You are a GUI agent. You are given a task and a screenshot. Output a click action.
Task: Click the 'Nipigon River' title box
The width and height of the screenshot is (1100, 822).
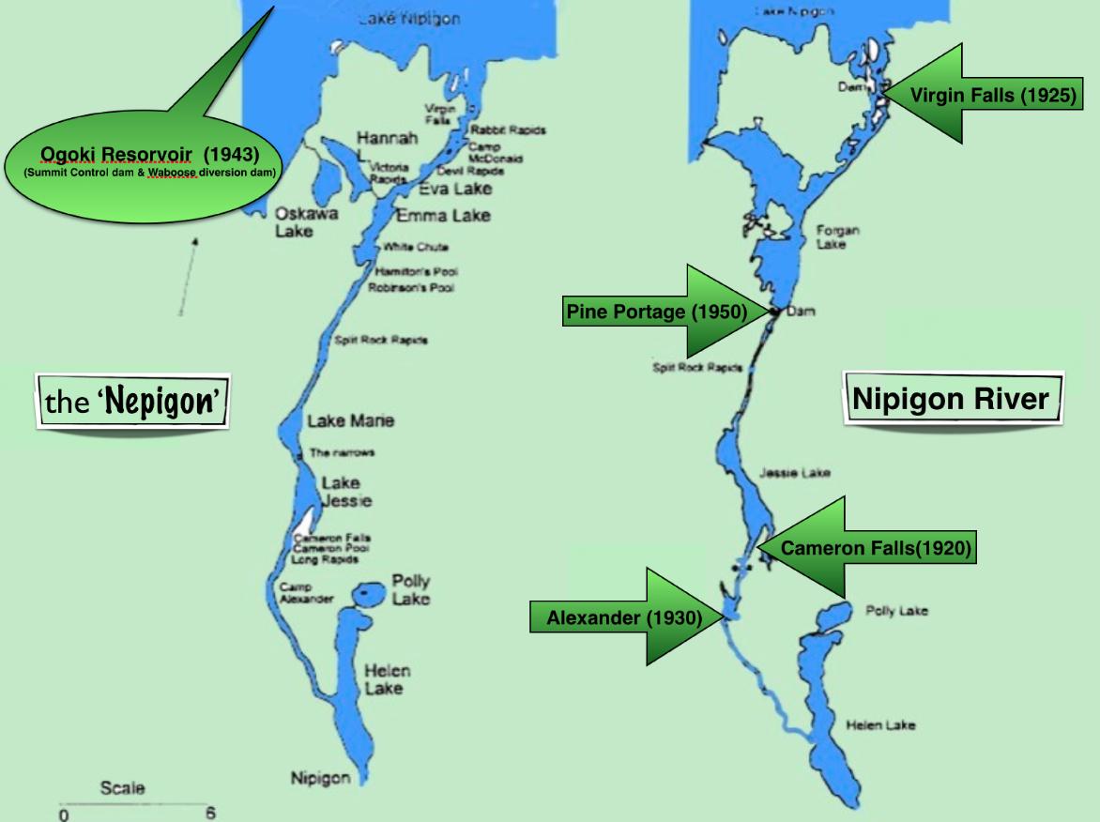[x=951, y=399]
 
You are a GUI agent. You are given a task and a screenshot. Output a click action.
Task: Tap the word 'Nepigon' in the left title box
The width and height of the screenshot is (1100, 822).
[x=160, y=402]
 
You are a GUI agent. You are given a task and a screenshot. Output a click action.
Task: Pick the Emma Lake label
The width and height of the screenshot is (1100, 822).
[x=442, y=216]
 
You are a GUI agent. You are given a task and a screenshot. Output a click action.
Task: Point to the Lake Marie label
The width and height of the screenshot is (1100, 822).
[x=350, y=420]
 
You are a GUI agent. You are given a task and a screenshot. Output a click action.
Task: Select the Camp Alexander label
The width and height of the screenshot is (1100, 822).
[x=306, y=593]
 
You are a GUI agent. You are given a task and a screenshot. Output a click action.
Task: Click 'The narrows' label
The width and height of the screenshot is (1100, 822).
[x=342, y=452]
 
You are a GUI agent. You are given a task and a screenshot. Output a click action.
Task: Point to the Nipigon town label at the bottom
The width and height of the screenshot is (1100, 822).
[x=319, y=777]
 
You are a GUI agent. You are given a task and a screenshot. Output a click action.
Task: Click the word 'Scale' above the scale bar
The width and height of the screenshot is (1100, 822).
[x=122, y=788]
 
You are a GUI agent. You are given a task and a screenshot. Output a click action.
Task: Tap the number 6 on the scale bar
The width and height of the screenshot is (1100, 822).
[x=210, y=813]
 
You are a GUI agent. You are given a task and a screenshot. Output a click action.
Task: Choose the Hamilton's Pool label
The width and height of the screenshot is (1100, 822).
[x=416, y=271]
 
